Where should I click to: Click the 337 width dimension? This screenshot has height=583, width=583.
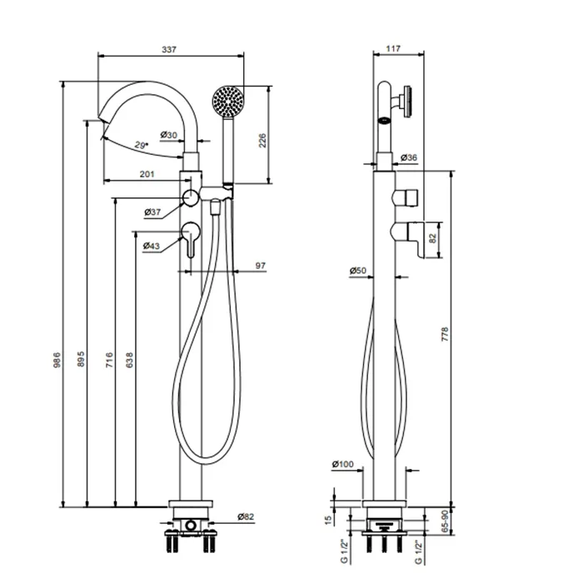coord(169,50)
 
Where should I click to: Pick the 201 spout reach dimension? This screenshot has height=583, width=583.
coord(147,173)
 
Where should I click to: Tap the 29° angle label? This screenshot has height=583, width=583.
coord(142,146)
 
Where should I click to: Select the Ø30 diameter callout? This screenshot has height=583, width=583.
coord(168,135)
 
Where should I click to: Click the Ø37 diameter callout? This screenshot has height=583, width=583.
coord(152,212)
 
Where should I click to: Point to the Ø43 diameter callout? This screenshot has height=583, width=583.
coord(151,246)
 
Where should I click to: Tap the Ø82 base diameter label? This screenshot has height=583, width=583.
coord(245,516)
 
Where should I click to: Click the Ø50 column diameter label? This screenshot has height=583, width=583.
coord(359,271)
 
